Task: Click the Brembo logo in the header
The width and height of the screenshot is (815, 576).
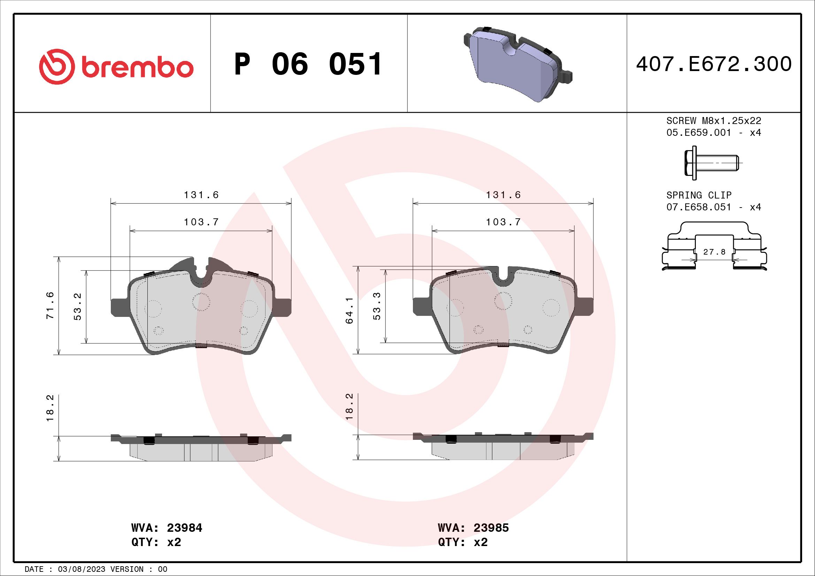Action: tap(116, 67)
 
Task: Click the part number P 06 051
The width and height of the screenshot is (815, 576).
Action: tap(308, 64)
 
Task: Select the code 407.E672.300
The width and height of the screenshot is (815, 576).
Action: tap(714, 64)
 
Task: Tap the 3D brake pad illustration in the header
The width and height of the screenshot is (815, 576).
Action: tap(518, 64)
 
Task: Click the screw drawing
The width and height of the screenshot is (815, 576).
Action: tap(713, 163)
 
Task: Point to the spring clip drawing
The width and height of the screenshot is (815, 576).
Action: tap(714, 247)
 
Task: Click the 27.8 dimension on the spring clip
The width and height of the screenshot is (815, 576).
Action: tap(714, 252)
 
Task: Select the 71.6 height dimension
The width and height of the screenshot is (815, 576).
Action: tap(50, 305)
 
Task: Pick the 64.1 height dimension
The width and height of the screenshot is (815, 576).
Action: tap(349, 310)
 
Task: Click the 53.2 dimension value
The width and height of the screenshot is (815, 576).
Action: tap(77, 306)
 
